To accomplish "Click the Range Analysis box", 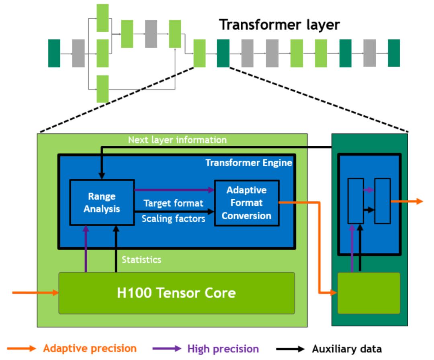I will (x=102, y=202).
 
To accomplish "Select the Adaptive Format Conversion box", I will (x=246, y=203).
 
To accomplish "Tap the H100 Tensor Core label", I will (x=176, y=293).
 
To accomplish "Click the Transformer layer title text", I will (x=279, y=25).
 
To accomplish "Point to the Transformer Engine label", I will (x=249, y=163).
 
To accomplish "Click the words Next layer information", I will (x=177, y=140).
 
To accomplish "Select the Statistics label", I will (x=141, y=260).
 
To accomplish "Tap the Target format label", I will (x=173, y=203).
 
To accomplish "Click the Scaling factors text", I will (x=174, y=219).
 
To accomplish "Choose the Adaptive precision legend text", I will (x=90, y=348).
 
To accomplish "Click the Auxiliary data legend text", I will (x=347, y=349).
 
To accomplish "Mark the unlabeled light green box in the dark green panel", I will (x=368, y=293).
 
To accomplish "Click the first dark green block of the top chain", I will (x=54, y=53).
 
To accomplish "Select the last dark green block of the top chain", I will (x=394, y=53).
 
